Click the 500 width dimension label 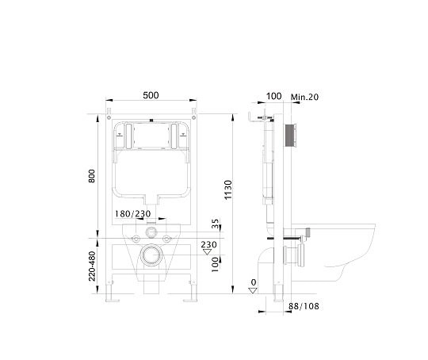coord(151,95)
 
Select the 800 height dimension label coord(91,176)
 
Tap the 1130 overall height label coord(228,190)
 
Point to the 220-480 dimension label coord(92,266)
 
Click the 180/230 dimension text coord(132,213)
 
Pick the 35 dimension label coord(216,224)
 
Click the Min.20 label coord(304,97)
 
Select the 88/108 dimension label coord(304,306)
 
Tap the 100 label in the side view coord(273,96)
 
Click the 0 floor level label coord(254,282)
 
